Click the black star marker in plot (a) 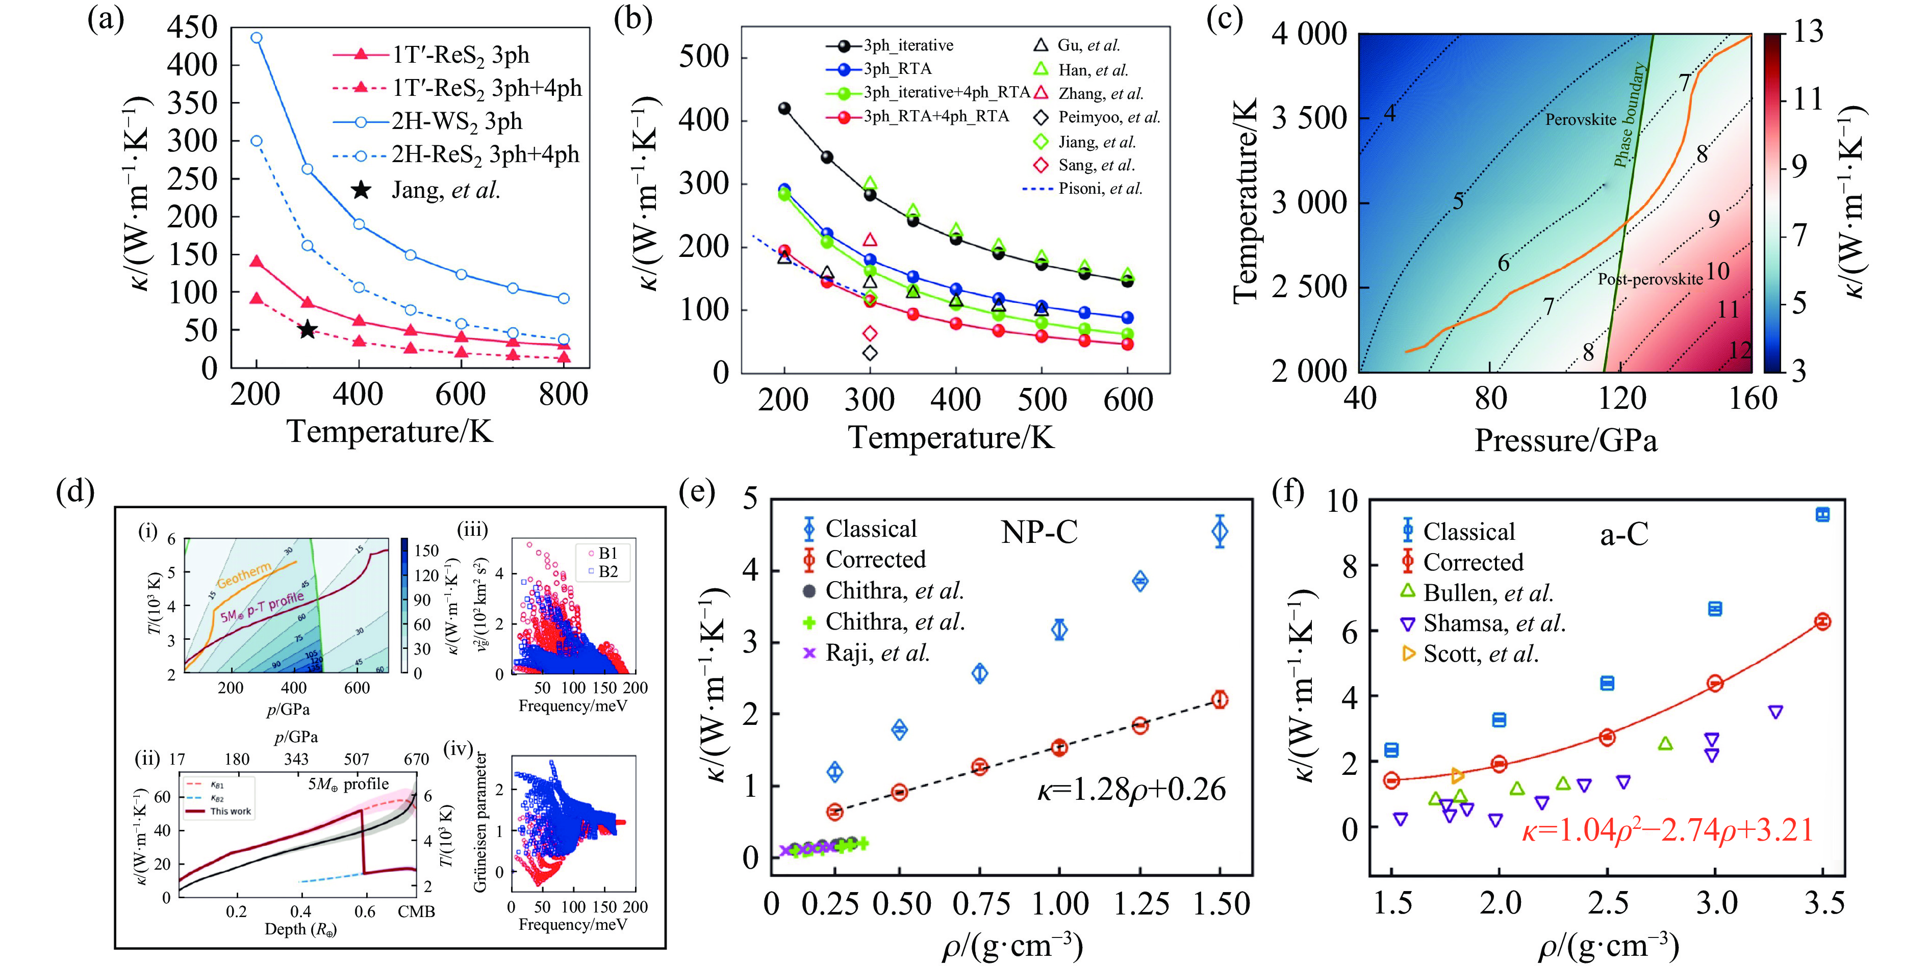(307, 329)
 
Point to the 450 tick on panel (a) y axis (192, 28)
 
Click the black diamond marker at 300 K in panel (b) (870, 352)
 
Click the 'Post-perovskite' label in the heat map (1651, 279)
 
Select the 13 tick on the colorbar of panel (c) (1808, 32)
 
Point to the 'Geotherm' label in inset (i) (244, 576)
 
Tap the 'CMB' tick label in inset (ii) (416, 911)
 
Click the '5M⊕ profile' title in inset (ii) (348, 784)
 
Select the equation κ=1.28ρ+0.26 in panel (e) (1131, 790)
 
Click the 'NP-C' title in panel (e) (1039, 532)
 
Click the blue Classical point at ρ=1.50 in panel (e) (1219, 532)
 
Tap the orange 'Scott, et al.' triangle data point (1457, 776)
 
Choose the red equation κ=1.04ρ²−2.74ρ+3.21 (1667, 830)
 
